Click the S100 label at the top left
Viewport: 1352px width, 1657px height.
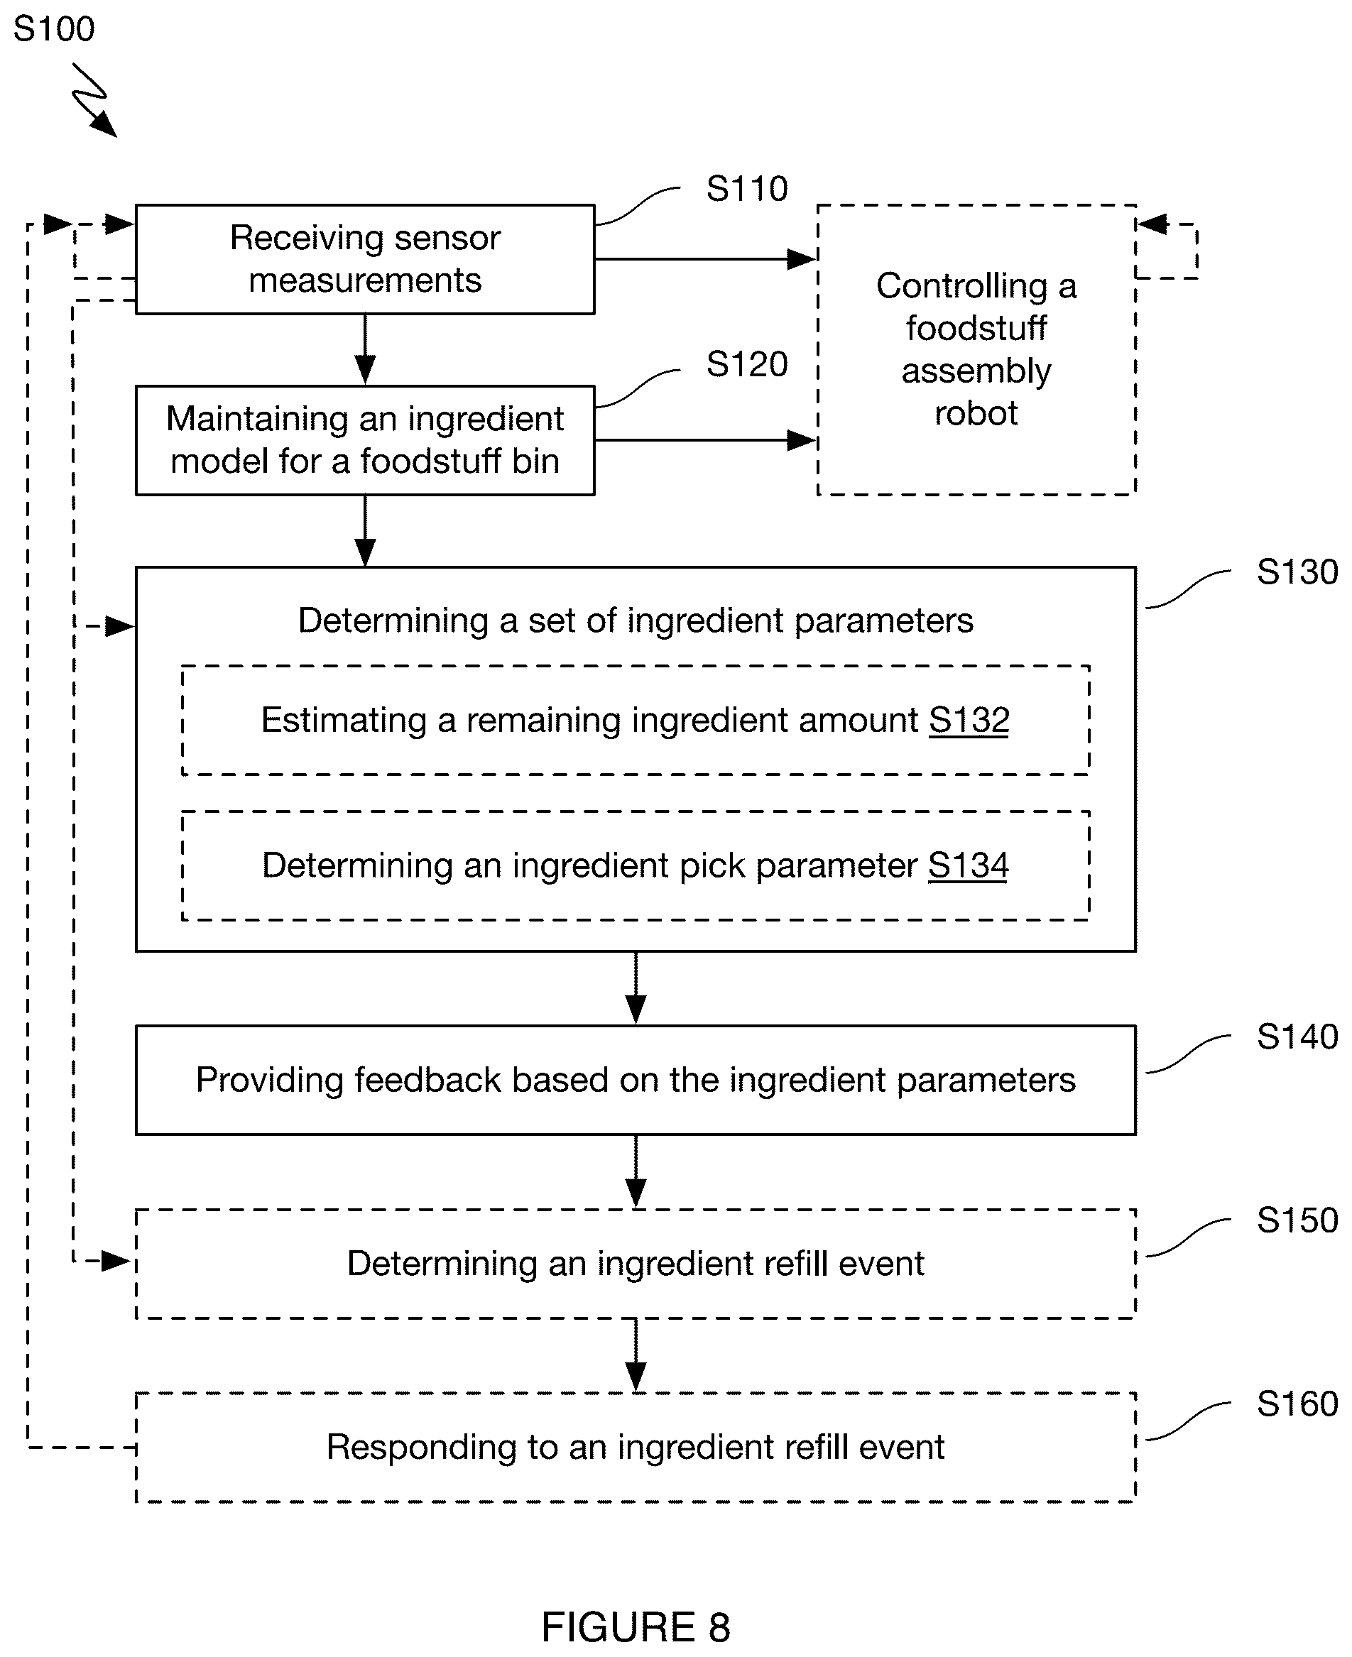point(54,30)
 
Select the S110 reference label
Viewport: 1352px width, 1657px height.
point(747,190)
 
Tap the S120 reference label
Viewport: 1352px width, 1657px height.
point(747,364)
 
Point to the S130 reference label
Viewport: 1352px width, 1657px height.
point(1297,572)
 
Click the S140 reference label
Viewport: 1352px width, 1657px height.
point(1297,1037)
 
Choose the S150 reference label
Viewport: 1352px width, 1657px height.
point(1297,1220)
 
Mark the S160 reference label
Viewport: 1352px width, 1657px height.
point(1297,1404)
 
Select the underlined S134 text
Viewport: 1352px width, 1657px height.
point(968,866)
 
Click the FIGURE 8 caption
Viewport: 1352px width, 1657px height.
point(636,1627)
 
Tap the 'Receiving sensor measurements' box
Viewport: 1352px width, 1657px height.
point(365,259)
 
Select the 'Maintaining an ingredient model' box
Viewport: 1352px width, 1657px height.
point(365,441)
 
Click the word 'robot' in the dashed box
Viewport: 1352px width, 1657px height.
point(976,413)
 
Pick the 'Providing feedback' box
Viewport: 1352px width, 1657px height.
point(636,1080)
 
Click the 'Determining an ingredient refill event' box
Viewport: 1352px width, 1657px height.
point(636,1264)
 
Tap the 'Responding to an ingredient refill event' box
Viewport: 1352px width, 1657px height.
point(636,1448)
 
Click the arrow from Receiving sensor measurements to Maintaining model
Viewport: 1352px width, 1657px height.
point(365,349)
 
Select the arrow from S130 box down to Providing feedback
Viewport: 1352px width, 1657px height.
point(636,988)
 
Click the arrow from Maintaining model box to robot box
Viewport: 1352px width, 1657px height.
point(706,440)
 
